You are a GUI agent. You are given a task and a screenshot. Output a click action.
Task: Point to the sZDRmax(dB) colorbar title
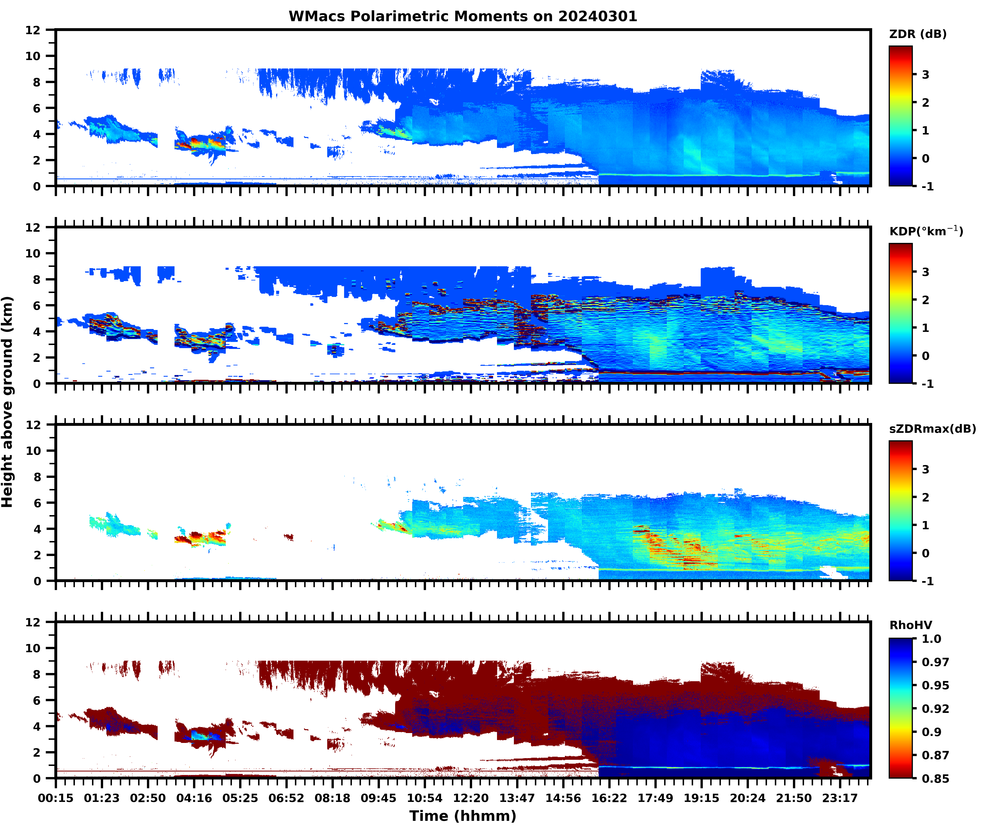932,429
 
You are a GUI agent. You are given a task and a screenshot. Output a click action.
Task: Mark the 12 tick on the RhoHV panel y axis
33,622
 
